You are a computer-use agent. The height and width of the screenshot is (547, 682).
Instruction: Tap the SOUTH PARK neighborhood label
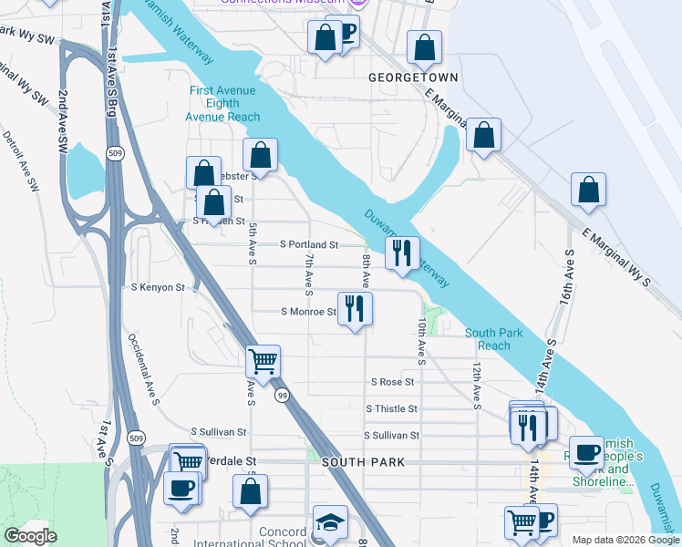click(358, 462)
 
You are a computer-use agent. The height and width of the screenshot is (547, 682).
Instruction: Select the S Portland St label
click(309, 245)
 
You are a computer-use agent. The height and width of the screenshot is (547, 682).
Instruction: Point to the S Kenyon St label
click(156, 287)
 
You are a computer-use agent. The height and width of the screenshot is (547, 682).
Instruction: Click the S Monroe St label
click(308, 312)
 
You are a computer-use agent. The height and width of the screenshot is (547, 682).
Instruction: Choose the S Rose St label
click(393, 382)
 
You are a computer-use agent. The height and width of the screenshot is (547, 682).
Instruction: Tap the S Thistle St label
click(391, 409)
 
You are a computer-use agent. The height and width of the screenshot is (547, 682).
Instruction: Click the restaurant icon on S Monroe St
click(355, 308)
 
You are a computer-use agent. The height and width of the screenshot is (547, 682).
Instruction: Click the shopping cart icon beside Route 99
click(263, 361)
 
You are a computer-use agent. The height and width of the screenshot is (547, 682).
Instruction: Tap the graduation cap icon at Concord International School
click(329, 521)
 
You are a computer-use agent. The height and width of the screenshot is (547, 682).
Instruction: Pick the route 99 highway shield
click(284, 395)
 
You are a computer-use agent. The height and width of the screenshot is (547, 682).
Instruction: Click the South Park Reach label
click(494, 339)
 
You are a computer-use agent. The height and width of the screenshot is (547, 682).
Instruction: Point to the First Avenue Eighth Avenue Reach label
click(223, 103)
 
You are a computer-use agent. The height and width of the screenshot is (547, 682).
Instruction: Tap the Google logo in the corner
click(30, 536)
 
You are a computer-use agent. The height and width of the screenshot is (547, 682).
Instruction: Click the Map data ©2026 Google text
click(625, 540)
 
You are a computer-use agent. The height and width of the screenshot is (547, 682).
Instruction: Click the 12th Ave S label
click(477, 384)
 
